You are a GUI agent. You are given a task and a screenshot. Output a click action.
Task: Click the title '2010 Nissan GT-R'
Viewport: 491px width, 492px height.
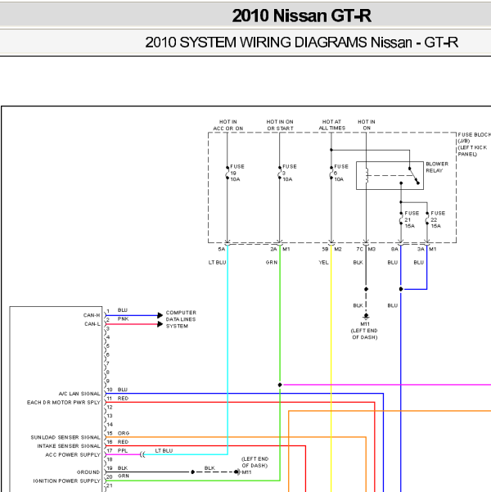point(301,16)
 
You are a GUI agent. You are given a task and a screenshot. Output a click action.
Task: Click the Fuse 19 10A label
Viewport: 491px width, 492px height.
point(236,173)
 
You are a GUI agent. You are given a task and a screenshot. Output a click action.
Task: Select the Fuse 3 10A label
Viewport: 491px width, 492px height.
point(289,173)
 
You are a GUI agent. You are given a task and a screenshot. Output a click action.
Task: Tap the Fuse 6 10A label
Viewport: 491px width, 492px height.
point(341,173)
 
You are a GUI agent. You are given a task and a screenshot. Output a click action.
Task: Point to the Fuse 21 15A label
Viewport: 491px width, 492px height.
point(412,219)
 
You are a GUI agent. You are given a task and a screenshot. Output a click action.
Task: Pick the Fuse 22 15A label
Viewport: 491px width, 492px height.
point(438,219)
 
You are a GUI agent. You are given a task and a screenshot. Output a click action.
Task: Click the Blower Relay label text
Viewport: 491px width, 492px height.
point(437,167)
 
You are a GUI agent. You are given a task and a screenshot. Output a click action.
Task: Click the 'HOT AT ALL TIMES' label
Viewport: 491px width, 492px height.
point(332,125)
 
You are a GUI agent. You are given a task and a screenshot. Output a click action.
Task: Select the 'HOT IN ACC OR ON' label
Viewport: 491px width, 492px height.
point(228,125)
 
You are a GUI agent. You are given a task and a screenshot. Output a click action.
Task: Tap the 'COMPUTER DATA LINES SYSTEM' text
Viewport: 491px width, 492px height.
point(181,319)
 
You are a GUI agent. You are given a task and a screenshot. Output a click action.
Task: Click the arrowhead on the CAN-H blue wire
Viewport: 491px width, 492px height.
point(160,315)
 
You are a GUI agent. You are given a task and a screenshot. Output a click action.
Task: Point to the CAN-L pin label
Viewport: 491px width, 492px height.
point(92,324)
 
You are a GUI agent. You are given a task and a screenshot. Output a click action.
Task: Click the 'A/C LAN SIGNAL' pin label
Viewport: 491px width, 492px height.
point(79,394)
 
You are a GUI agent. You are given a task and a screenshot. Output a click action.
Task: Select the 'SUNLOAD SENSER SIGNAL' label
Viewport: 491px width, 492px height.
point(65,437)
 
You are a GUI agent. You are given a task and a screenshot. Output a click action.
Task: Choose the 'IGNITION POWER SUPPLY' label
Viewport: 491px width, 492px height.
point(67,481)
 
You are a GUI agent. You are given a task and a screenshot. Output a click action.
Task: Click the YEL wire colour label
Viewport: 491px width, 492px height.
point(323,262)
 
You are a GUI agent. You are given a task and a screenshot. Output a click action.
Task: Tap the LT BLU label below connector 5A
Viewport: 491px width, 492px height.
point(217,262)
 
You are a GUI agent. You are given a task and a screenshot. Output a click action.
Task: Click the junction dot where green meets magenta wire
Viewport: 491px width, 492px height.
point(280,385)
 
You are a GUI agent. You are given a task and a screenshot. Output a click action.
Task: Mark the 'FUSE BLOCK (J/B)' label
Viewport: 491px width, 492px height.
point(474,138)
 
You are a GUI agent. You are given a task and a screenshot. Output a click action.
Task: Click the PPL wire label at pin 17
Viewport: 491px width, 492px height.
point(123,450)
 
